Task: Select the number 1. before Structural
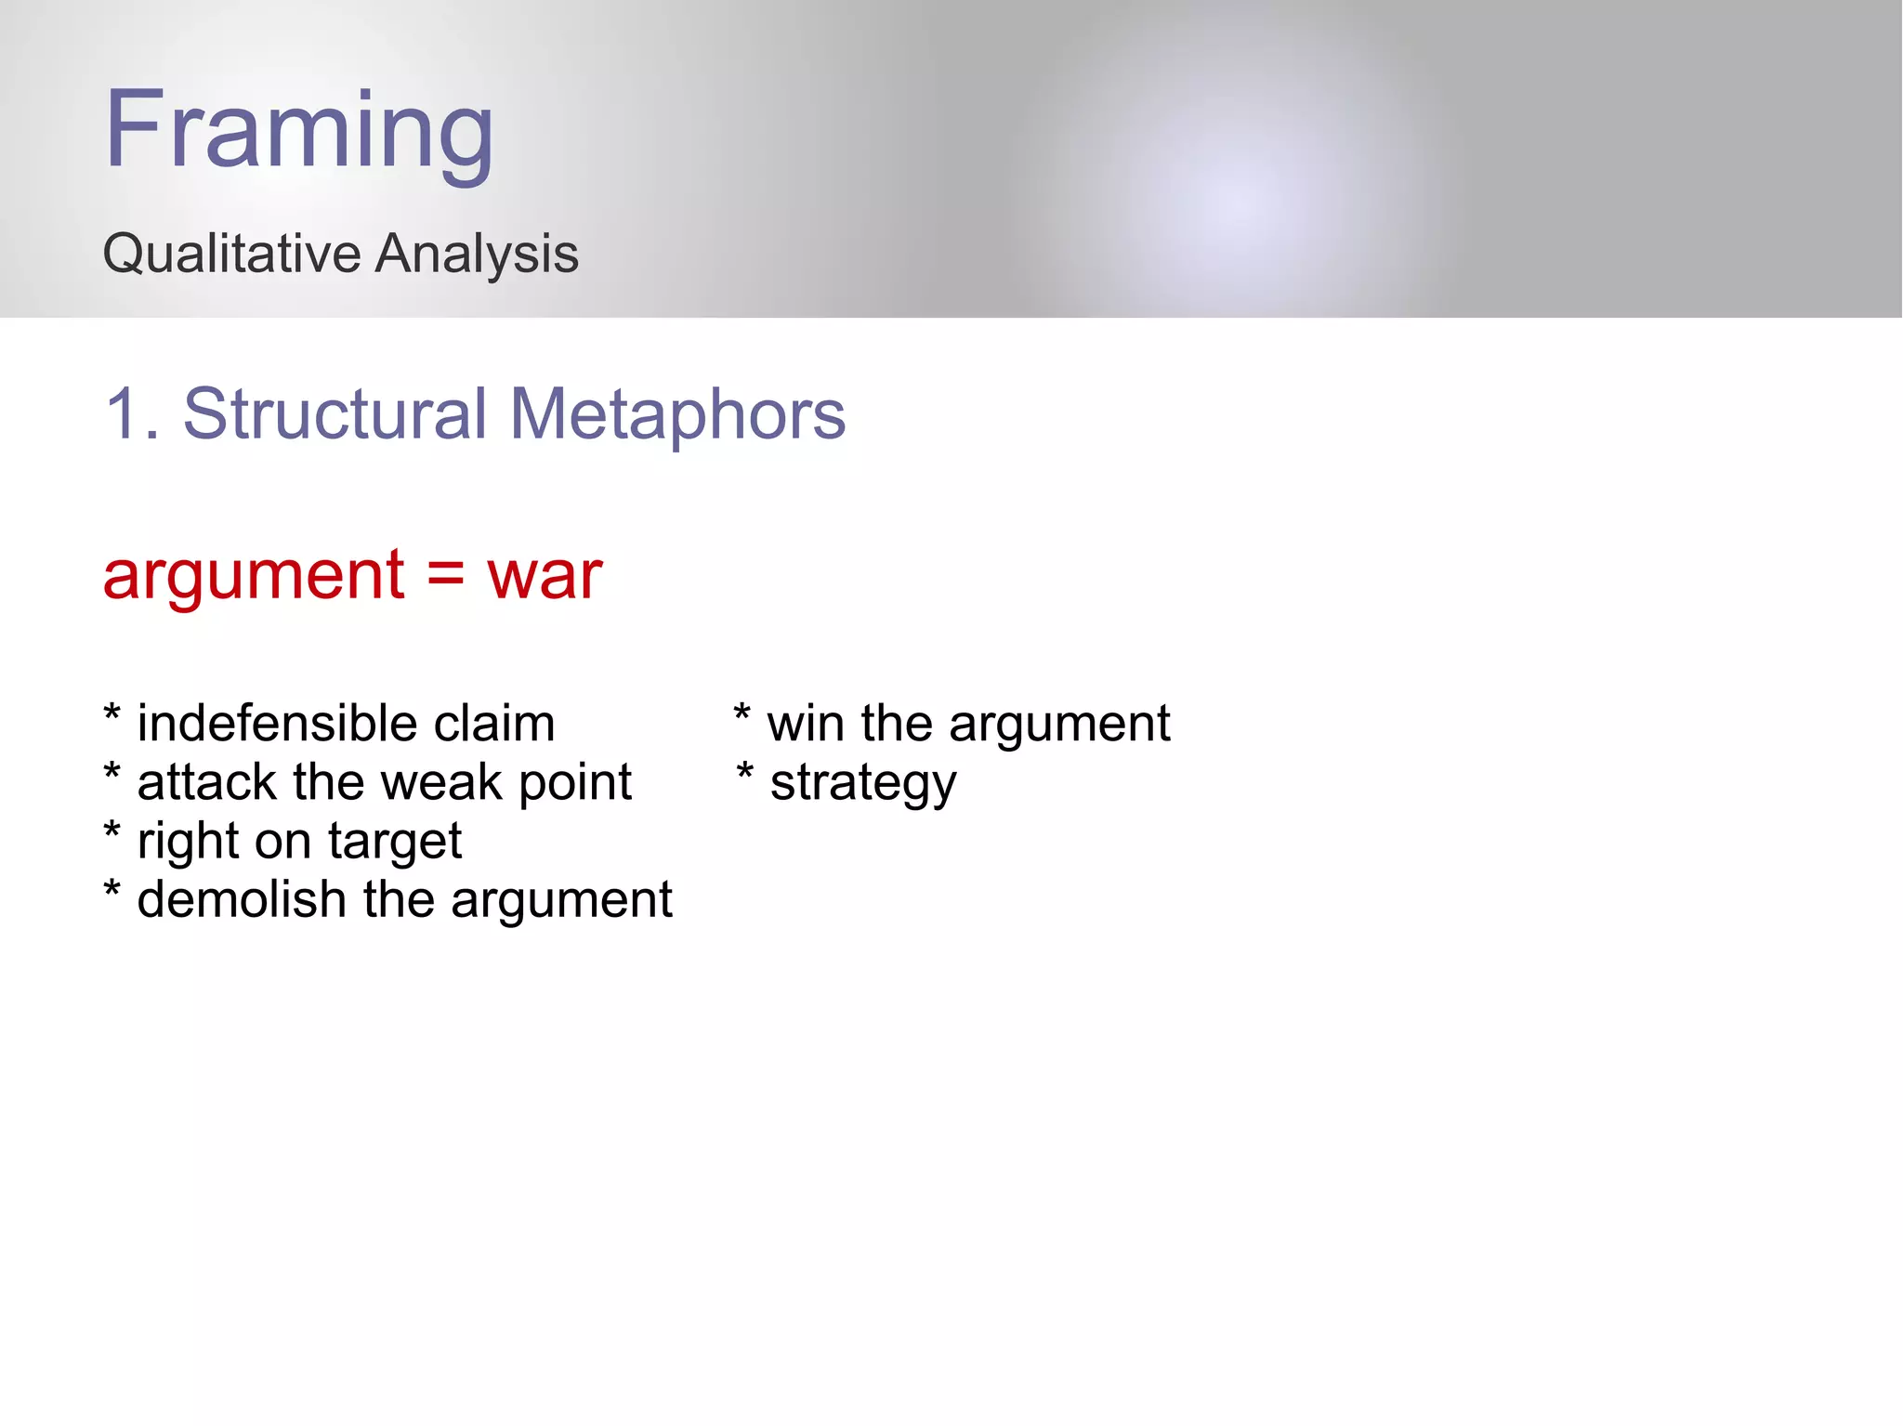pos(131,414)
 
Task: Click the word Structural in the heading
pos(335,414)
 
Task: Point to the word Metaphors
pos(677,414)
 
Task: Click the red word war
pos(545,575)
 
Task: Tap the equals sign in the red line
pos(445,575)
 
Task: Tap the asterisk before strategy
pos(744,774)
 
